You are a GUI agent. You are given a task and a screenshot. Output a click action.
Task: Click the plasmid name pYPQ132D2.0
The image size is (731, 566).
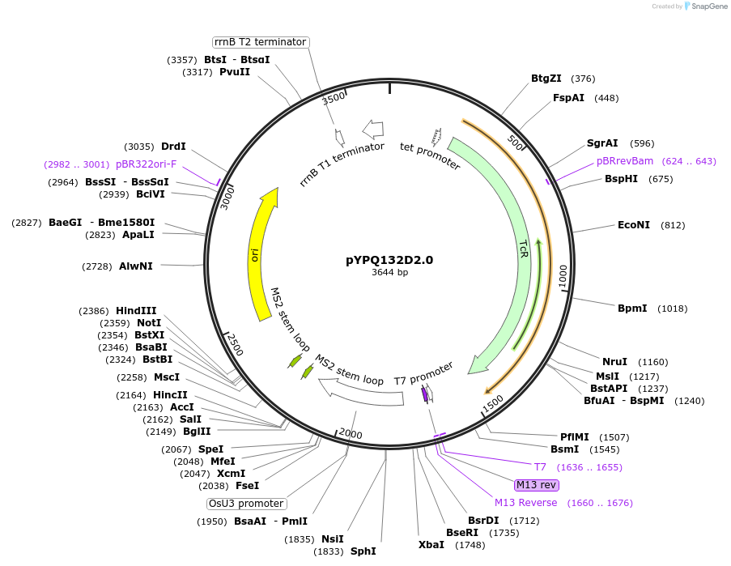[389, 260]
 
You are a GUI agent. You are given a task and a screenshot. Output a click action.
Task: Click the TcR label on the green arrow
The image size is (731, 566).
[524, 249]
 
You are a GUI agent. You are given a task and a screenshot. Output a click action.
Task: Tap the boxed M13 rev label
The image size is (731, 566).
[536, 485]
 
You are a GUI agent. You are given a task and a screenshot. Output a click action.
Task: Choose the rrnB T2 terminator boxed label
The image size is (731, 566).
[260, 42]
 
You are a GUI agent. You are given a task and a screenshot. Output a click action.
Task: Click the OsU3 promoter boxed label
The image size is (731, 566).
[246, 504]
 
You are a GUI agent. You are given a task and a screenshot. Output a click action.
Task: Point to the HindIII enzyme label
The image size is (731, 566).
[136, 311]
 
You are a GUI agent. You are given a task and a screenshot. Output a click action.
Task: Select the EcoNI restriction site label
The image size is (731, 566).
[633, 225]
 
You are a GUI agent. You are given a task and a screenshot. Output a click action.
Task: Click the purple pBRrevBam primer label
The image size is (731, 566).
[625, 161]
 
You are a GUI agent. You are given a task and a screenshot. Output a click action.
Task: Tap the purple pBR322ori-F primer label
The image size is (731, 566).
[146, 164]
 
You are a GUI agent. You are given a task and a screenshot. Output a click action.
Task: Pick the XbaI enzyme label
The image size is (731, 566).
[431, 545]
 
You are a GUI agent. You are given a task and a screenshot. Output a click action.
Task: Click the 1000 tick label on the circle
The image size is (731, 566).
[563, 274]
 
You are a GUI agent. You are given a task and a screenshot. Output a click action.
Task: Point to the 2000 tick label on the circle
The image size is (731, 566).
[351, 434]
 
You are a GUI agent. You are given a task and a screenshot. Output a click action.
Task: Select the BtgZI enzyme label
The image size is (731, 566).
[546, 79]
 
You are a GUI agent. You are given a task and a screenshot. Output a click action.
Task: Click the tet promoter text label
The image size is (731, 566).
[430, 156]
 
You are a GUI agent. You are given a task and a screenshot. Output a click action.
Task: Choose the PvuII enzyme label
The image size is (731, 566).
[235, 72]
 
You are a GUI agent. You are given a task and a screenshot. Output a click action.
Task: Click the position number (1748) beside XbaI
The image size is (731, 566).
[470, 545]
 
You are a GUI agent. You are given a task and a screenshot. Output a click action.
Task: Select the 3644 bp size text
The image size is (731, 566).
[389, 273]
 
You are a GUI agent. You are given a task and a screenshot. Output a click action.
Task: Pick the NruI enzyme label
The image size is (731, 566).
[614, 362]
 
